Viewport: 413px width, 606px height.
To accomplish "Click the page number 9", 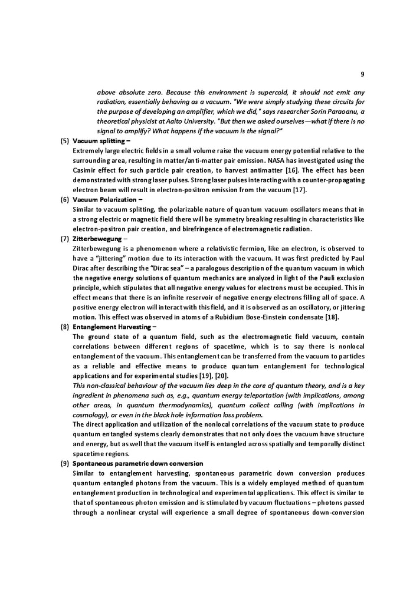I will click(362, 74).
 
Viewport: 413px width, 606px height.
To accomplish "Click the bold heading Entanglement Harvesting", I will click(113, 327).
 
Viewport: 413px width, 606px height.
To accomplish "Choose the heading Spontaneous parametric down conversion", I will click(137, 463).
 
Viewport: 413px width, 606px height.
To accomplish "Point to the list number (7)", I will click(65, 239).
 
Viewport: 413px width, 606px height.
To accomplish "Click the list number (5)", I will click(65, 141).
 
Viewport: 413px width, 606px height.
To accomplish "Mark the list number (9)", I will click(65, 463).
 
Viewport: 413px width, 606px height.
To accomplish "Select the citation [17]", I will click(300, 190).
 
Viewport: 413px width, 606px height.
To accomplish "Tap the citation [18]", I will click(333, 317).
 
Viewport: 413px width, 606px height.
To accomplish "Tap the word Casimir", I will click(86, 170).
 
